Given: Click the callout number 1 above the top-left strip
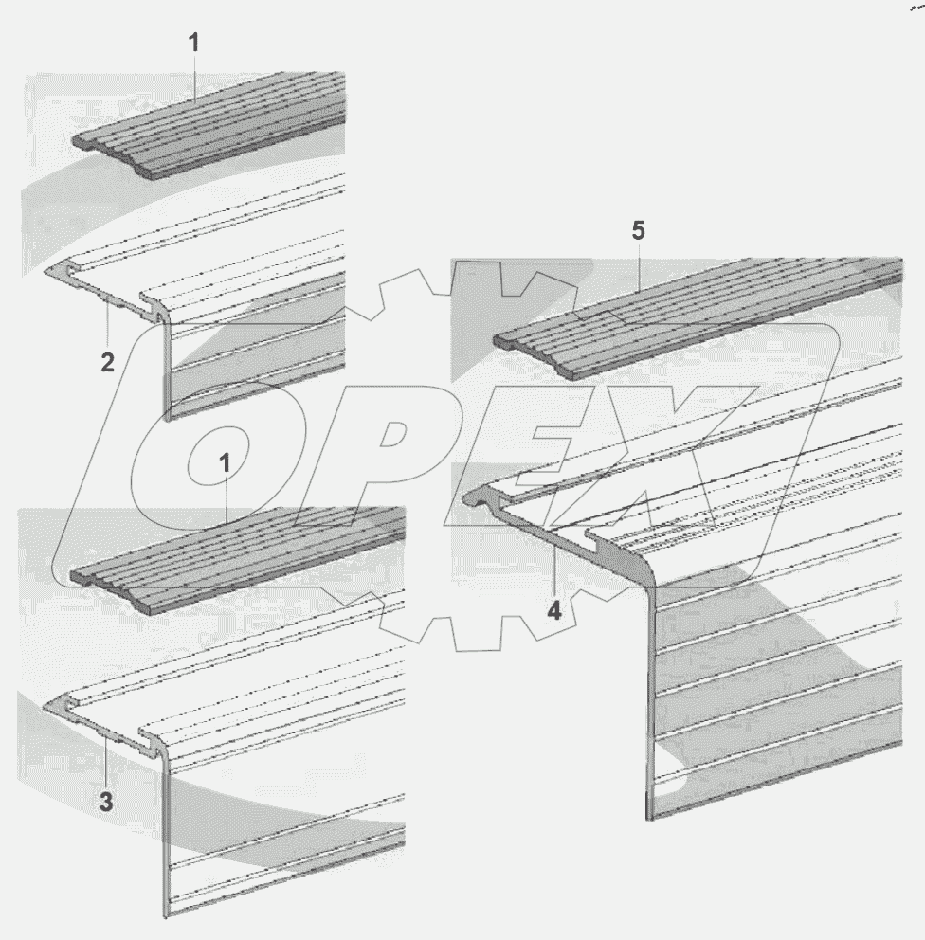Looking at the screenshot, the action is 193,44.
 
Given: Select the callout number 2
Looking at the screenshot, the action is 107,363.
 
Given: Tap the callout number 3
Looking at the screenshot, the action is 106,802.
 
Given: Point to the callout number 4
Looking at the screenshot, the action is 554,610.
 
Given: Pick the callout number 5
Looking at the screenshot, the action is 639,231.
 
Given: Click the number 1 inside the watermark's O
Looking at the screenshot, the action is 225,463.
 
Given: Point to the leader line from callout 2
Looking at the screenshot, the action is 107,327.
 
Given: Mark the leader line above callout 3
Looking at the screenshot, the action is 105,765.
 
